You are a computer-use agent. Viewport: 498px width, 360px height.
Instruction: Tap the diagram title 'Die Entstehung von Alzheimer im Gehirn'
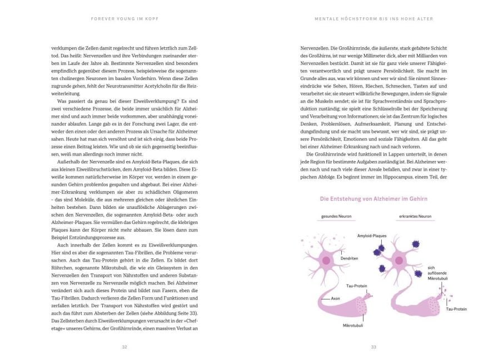coord(373,198)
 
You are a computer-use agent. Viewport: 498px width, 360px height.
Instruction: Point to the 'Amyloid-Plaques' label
coord(372,236)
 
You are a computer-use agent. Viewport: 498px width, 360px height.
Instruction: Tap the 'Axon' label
coord(335,298)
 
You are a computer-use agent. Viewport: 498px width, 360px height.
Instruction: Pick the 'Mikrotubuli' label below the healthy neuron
coord(353,326)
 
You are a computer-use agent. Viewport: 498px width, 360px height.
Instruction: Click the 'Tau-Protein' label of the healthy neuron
coord(355,286)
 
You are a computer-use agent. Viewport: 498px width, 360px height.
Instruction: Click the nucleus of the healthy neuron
coord(327,260)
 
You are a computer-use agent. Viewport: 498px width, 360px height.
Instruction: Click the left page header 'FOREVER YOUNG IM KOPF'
coord(124,18)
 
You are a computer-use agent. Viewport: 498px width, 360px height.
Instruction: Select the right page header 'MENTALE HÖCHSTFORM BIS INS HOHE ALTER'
coord(373,18)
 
